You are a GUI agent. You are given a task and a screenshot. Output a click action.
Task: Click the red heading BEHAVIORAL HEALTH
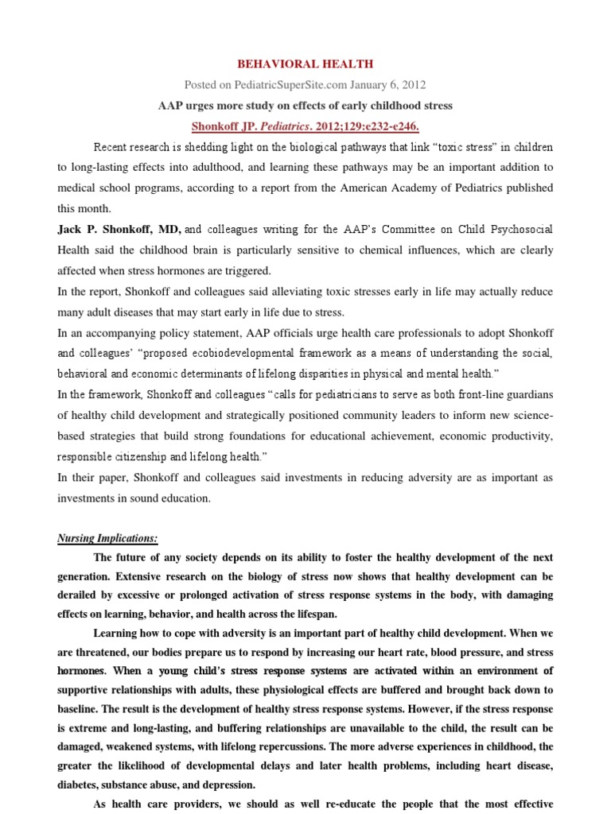[306, 64]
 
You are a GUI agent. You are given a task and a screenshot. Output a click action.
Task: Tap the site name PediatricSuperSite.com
[293, 85]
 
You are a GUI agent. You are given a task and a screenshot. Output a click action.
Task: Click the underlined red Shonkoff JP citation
[305, 126]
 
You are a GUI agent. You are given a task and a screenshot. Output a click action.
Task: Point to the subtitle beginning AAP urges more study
[305, 106]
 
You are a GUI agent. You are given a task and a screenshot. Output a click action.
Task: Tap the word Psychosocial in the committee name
[519, 230]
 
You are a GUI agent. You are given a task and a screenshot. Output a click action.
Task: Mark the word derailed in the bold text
[81, 595]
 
